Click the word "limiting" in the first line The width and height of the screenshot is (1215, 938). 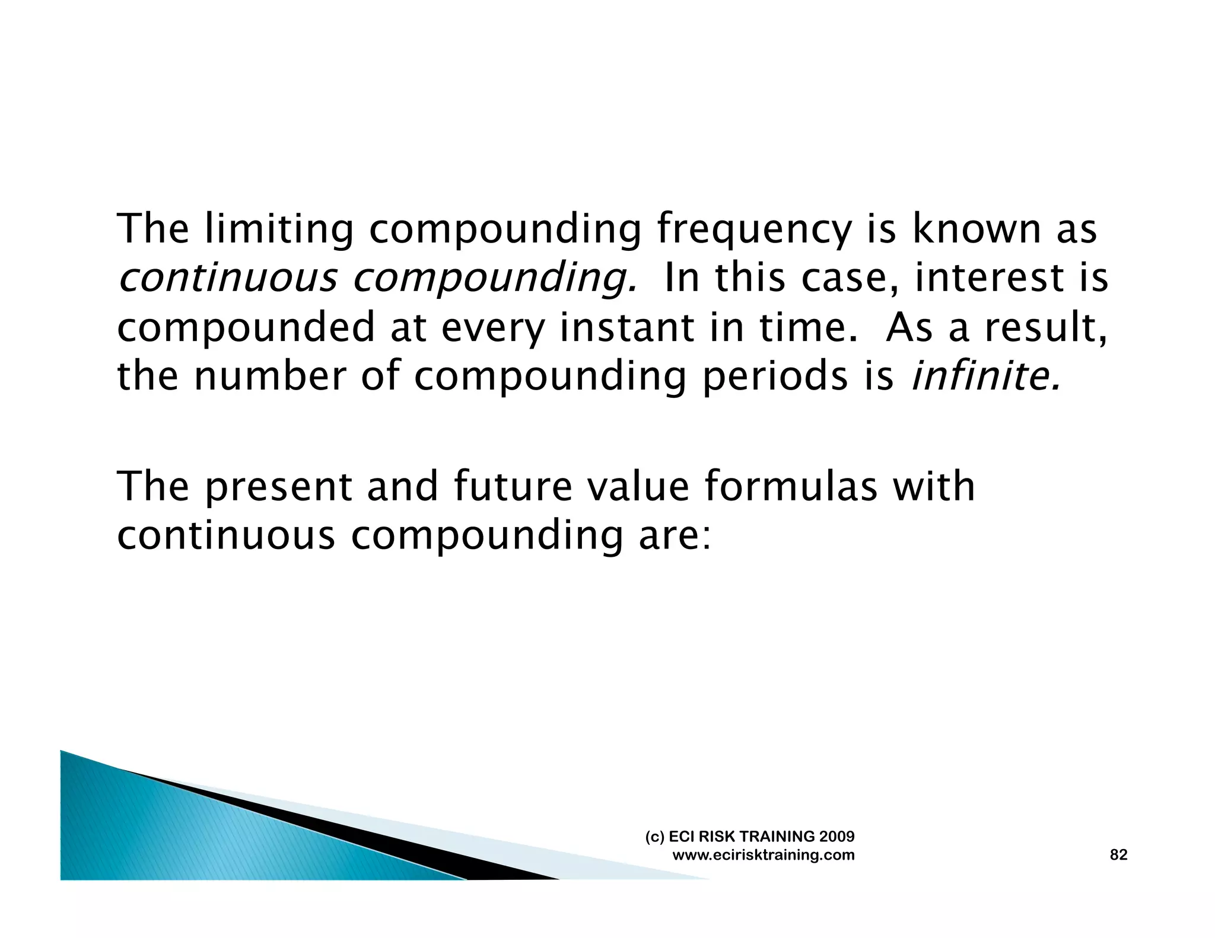pos(278,229)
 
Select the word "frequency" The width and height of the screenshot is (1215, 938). pos(754,229)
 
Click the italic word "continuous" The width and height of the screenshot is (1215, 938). pos(228,278)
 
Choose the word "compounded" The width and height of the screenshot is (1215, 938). pos(246,327)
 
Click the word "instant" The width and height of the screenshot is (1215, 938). pos(626,327)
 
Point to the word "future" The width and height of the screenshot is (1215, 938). pos(513,486)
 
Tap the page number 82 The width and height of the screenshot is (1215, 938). pos(1118,854)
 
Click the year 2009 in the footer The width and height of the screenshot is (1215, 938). pos(836,836)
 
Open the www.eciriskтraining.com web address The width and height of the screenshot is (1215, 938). pos(764,855)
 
